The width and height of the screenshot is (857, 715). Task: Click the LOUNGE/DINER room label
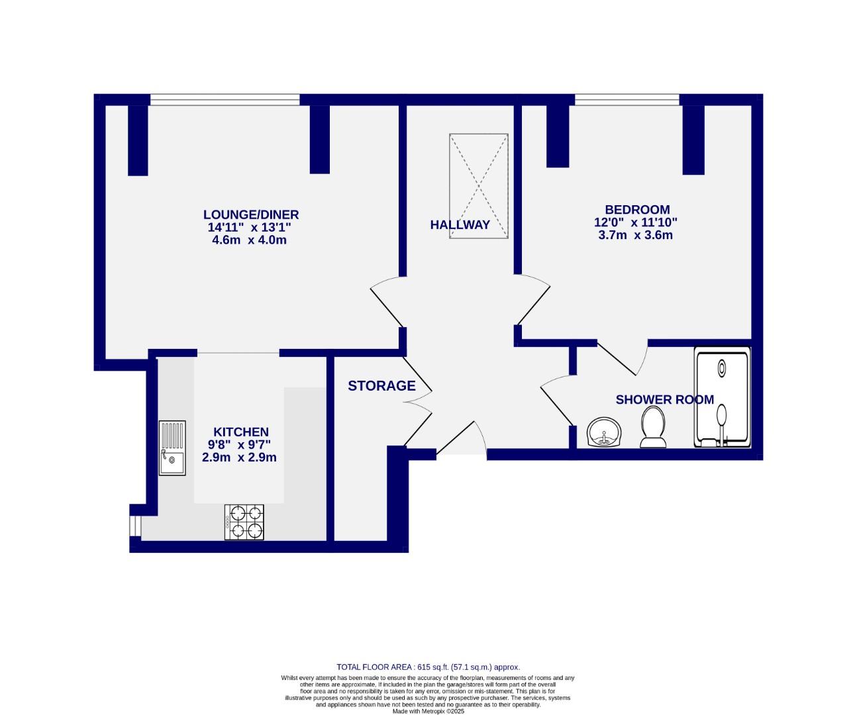click(x=250, y=215)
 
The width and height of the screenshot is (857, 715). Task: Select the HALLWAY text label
click(x=460, y=224)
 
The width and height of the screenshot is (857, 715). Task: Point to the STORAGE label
click(x=381, y=385)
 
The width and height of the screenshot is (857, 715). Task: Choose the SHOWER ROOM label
click(x=664, y=399)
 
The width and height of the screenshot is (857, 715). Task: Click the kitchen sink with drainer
click(x=172, y=448)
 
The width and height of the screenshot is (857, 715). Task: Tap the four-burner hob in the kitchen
click(x=244, y=521)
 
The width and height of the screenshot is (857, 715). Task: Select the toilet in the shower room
click(x=652, y=428)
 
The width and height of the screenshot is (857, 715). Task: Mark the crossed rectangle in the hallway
click(x=479, y=186)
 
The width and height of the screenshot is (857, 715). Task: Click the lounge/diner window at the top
click(x=225, y=100)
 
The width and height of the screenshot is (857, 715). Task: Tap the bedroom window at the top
click(x=627, y=100)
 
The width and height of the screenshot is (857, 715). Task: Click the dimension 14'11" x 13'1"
click(x=249, y=227)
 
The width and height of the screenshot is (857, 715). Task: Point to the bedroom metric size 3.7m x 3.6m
click(x=635, y=235)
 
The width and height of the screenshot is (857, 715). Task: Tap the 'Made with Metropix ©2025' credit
click(x=428, y=711)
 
